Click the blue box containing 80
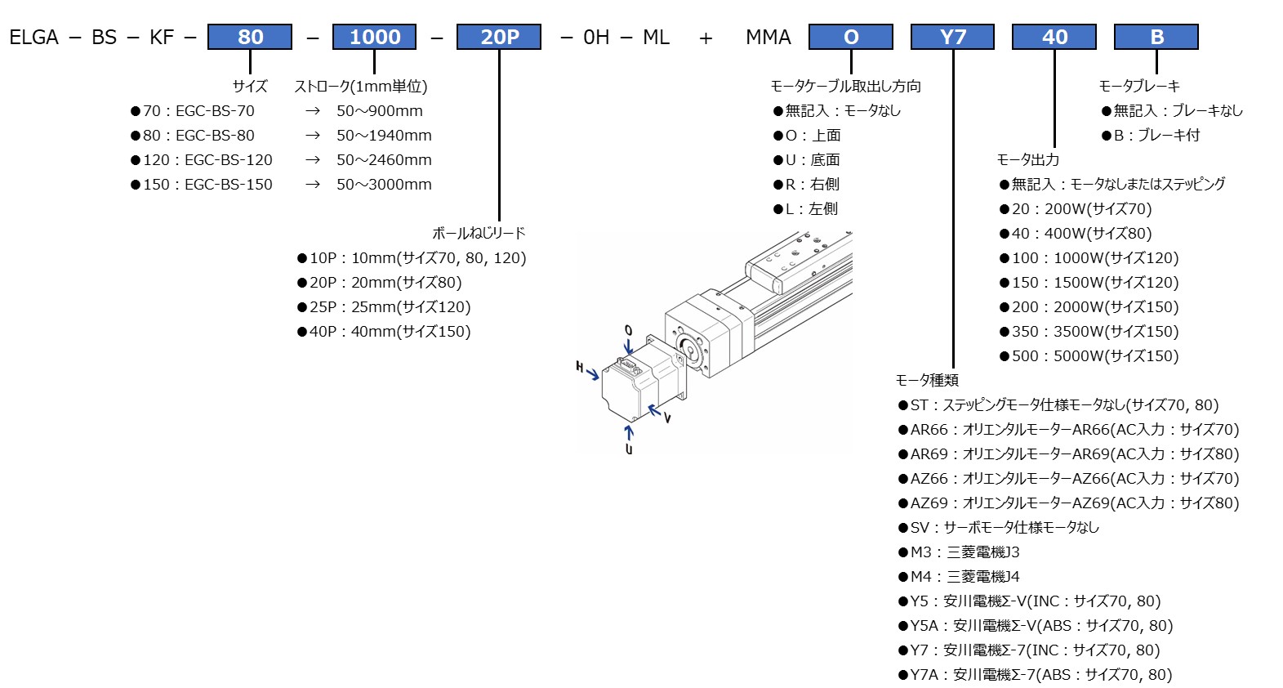point(250,37)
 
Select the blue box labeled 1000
point(374,37)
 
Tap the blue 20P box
point(499,37)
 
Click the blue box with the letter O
point(850,37)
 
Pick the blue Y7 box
point(952,37)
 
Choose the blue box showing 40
point(1054,37)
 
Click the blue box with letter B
point(1156,37)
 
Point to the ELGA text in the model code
point(34,38)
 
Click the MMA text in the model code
point(768,38)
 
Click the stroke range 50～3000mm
point(384,185)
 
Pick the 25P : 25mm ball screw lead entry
point(384,307)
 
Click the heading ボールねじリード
point(479,234)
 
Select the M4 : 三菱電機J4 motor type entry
point(959,577)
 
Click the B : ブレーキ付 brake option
point(1151,136)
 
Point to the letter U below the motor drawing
point(629,449)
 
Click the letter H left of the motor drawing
point(580,367)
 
